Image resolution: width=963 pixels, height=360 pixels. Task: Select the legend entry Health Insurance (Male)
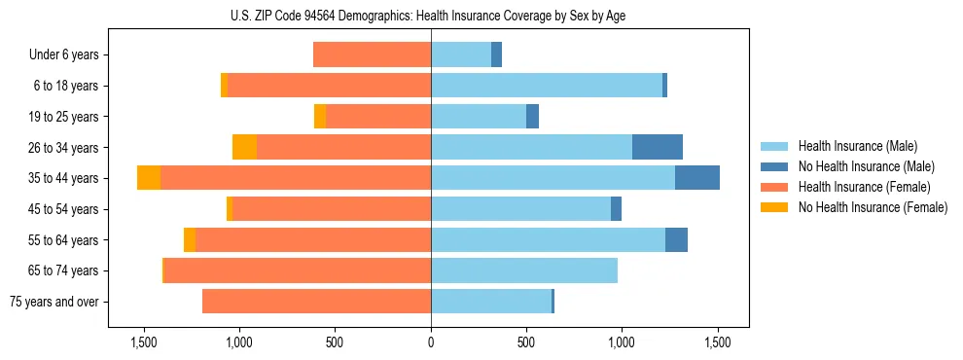point(857,146)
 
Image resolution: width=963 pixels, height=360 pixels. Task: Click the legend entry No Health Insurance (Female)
point(873,207)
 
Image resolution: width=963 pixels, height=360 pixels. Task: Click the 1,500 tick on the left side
point(143,343)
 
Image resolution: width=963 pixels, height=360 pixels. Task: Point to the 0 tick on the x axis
point(431,343)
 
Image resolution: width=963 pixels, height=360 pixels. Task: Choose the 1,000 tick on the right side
point(622,343)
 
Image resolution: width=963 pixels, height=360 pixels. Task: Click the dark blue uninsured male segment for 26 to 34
point(658,147)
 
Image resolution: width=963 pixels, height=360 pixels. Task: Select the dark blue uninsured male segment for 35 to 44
point(697,178)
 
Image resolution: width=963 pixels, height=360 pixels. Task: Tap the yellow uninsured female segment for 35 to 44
point(149,178)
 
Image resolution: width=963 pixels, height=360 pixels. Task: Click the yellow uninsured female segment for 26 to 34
point(244,147)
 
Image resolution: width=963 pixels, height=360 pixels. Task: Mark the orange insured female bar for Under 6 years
point(372,54)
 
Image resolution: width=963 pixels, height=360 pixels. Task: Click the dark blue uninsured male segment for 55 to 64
point(676,239)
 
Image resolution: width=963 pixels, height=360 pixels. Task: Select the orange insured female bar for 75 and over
point(316,302)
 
